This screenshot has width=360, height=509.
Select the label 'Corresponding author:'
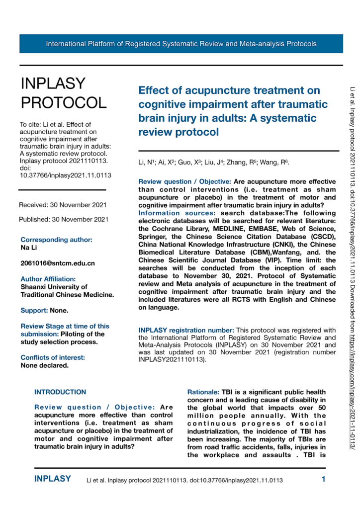coord(56,239)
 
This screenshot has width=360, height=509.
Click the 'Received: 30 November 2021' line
coord(62,205)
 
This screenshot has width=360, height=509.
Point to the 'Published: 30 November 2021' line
coord(63,219)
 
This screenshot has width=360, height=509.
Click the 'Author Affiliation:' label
coord(48,279)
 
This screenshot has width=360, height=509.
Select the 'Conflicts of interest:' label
coord(53,343)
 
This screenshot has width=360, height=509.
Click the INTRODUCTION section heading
coord(60,378)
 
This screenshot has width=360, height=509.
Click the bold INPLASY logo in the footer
coord(53,480)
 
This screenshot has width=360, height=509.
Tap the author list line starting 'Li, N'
coord(214,163)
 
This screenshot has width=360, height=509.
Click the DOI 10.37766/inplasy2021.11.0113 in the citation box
coord(65,175)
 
